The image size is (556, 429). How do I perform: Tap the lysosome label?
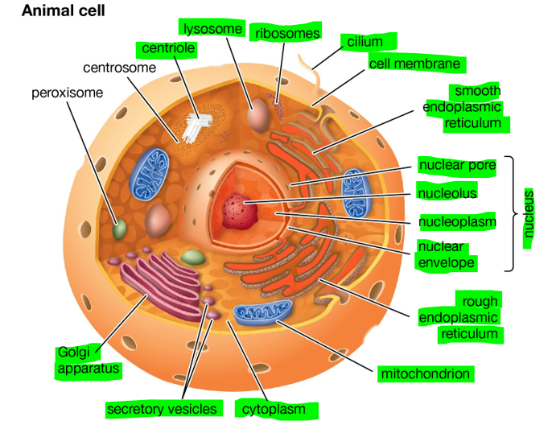212,29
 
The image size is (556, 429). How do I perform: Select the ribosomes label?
287,33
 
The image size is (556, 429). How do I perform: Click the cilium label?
364,41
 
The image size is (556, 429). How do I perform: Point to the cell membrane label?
414,63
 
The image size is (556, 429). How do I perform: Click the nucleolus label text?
447,193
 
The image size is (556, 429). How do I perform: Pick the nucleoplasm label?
457,221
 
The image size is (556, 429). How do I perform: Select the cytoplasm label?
274,410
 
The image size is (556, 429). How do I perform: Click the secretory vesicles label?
162,409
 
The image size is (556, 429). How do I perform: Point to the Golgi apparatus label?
87,361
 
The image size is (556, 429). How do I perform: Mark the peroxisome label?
68,93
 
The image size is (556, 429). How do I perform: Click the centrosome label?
119,68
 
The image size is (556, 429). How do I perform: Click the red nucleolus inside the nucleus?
241,211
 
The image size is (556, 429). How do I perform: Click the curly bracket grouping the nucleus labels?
509,213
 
